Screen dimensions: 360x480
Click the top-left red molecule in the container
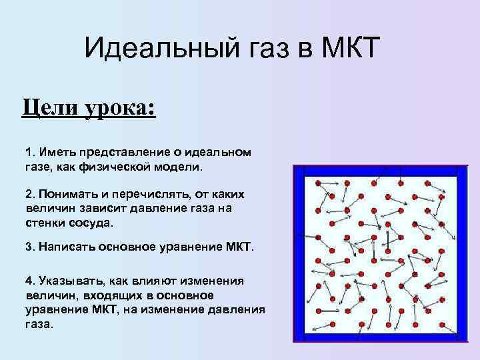tap(318, 182)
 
